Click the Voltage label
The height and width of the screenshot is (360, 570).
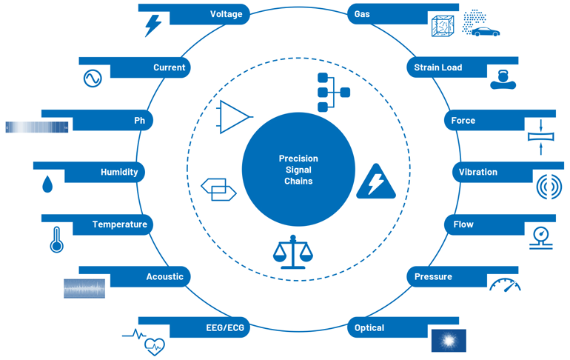226,14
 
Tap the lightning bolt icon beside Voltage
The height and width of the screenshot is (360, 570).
152,27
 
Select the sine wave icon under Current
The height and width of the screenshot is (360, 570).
92,79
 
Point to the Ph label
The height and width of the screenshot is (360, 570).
139,120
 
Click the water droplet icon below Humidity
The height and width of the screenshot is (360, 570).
47,183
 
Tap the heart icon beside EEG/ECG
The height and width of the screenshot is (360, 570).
154,344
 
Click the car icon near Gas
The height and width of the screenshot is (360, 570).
486,32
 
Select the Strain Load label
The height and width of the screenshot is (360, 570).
437,67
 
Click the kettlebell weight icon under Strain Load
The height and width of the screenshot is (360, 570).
503,79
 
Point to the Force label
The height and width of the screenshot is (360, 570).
463,120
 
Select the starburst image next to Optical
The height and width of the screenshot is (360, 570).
449,340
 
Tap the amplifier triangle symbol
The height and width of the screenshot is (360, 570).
234,117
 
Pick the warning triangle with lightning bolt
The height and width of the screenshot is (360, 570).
376,182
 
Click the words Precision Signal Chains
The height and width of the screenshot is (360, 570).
298,170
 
